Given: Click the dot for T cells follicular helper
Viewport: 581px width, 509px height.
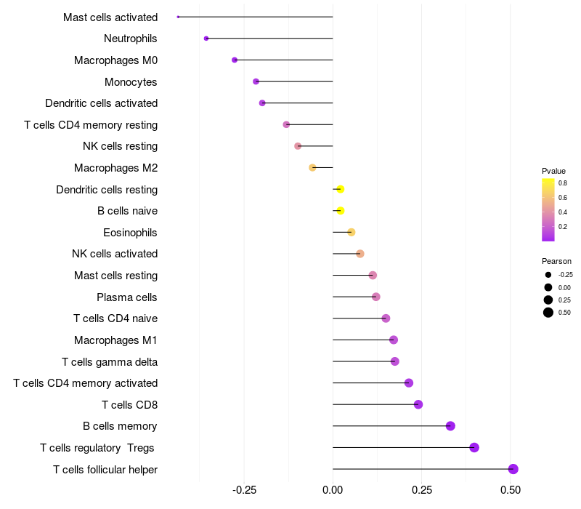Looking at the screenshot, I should [x=513, y=469].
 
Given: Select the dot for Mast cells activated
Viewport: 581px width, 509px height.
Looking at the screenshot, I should [x=178, y=17].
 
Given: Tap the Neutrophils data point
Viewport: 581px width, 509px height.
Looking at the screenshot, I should [x=206, y=39].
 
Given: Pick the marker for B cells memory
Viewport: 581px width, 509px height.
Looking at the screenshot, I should [x=450, y=426].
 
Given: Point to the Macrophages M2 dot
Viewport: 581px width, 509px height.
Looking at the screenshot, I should [x=312, y=168].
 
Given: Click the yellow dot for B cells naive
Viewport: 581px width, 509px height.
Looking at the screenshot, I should [x=340, y=211].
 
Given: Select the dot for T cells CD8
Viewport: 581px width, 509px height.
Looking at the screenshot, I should [x=418, y=404].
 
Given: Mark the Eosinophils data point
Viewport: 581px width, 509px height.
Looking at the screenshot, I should [x=352, y=233].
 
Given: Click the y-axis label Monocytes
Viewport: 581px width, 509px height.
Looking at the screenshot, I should [x=131, y=82].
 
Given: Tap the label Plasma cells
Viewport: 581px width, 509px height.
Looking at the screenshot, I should [x=127, y=297].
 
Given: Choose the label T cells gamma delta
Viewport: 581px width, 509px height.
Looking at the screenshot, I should [x=110, y=361].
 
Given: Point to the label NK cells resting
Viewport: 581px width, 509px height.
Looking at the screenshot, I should [x=120, y=146].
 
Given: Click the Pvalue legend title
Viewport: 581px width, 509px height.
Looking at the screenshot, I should [x=553, y=171].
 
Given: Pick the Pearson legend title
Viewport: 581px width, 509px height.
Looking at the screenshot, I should [x=556, y=261].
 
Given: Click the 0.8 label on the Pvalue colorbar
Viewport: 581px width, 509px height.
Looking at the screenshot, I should [x=563, y=183].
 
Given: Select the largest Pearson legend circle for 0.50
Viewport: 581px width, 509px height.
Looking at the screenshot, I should [x=548, y=313].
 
